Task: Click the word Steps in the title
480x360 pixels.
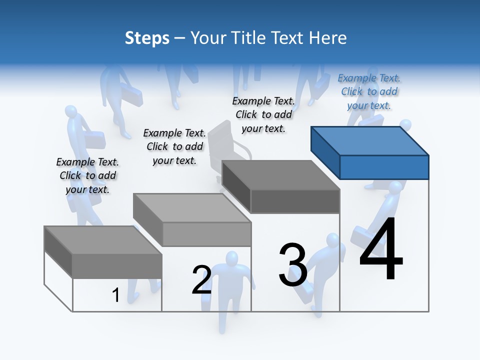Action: point(147,38)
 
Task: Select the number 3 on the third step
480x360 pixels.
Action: point(293,265)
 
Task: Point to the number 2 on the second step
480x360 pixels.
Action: point(202,280)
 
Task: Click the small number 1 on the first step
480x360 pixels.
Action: point(116,295)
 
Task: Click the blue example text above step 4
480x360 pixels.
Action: point(369,91)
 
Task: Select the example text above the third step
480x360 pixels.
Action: point(263,114)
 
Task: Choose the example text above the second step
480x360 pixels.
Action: point(174,146)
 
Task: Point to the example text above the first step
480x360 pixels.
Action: point(87,175)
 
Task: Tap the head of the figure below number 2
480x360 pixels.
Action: point(231,259)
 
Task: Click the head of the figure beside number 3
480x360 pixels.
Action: point(332,240)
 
